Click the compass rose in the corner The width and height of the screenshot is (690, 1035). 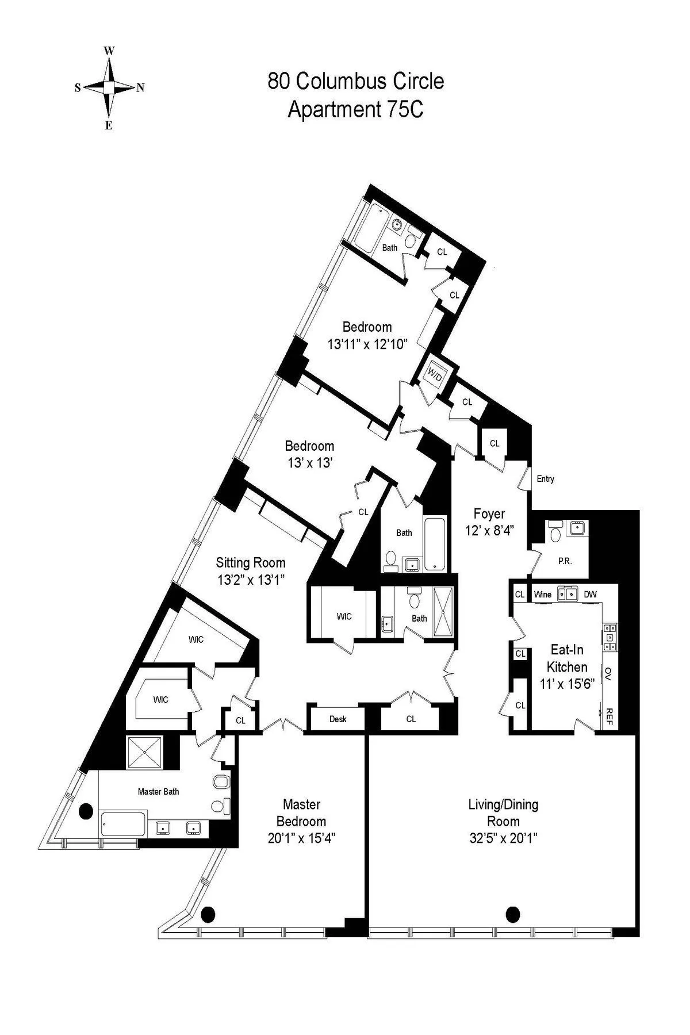click(x=109, y=87)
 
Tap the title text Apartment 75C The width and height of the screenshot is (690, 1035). click(x=355, y=109)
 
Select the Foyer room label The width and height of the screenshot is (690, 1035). click(x=489, y=513)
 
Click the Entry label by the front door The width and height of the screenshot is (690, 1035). click(x=545, y=478)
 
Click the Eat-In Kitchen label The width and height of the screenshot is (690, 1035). click(x=567, y=658)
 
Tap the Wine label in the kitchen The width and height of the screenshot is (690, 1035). click(x=542, y=595)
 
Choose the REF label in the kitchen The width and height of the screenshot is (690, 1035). click(x=609, y=715)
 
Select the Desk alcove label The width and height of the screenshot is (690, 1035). click(x=338, y=719)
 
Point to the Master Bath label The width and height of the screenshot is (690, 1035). click(x=158, y=791)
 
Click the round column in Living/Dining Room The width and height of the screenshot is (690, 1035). click(x=512, y=914)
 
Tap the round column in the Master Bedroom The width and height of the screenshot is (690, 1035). click(x=208, y=913)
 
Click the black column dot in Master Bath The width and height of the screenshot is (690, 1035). click(x=86, y=811)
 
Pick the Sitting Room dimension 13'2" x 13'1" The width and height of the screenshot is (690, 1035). click(x=251, y=580)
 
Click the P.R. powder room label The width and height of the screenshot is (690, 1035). click(x=565, y=561)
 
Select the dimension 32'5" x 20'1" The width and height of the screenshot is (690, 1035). click(x=503, y=838)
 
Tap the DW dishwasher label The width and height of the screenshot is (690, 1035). click(x=590, y=595)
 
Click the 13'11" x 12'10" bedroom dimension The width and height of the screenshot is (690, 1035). click(x=367, y=344)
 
